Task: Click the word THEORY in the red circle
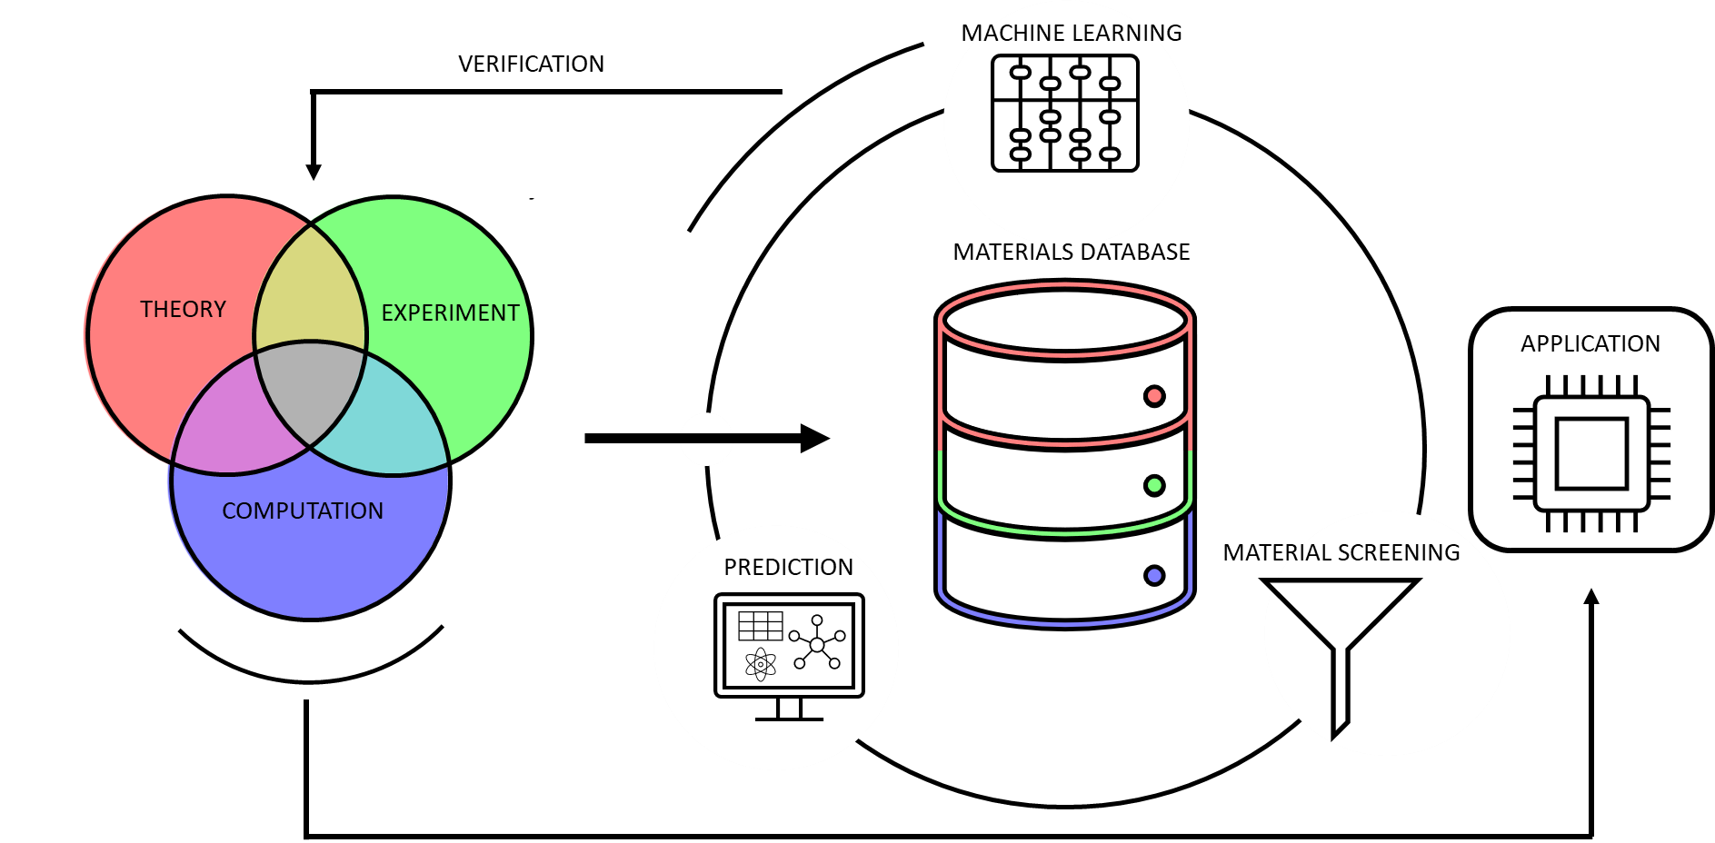183,310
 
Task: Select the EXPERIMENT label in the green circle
450,313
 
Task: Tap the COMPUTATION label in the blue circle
303,511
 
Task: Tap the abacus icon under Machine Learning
1064,113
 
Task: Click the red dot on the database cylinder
1154,395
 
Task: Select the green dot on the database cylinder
1154,485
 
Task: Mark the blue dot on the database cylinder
1154,575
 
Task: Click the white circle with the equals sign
706,440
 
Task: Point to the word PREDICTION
788,568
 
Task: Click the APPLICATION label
1590,344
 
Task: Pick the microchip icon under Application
1591,453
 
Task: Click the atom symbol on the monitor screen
760,664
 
